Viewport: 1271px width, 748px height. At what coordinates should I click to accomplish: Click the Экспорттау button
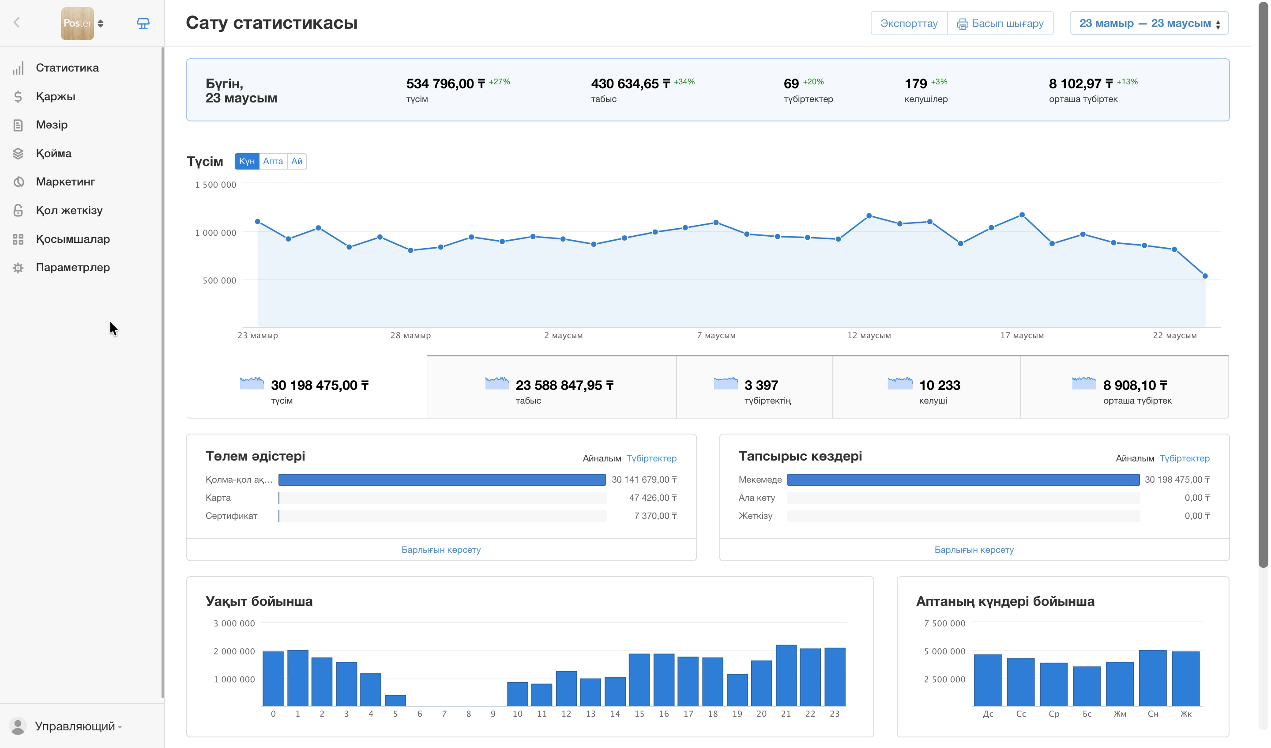[x=909, y=23]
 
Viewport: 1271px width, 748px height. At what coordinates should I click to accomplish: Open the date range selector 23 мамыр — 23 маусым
[x=1149, y=23]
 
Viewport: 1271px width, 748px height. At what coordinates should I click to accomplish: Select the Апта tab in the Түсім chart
[x=273, y=161]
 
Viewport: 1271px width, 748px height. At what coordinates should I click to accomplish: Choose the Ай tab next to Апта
[x=297, y=161]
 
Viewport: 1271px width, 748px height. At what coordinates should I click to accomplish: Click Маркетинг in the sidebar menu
[x=65, y=181]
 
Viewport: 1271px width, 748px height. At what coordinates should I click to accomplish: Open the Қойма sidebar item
[x=53, y=153]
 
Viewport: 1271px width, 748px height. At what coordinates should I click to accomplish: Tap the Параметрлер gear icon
[x=18, y=268]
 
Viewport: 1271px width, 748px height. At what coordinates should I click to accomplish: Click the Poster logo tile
[x=77, y=23]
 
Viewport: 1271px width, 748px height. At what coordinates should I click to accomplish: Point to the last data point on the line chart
[x=1205, y=276]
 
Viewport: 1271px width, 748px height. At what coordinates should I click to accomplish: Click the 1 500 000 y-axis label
[x=215, y=185]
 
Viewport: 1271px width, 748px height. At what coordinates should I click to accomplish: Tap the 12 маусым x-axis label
[x=869, y=335]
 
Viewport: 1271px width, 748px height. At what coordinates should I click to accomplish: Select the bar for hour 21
[x=786, y=675]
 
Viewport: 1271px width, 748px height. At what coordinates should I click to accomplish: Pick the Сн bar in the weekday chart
[x=1152, y=677]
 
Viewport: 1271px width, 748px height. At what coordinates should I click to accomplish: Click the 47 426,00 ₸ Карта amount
[x=653, y=498]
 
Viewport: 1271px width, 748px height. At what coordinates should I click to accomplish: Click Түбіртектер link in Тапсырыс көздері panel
[x=1184, y=458]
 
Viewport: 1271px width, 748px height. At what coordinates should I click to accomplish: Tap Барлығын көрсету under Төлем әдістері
[x=441, y=550]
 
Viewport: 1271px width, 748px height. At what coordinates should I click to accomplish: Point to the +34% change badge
[x=684, y=82]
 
